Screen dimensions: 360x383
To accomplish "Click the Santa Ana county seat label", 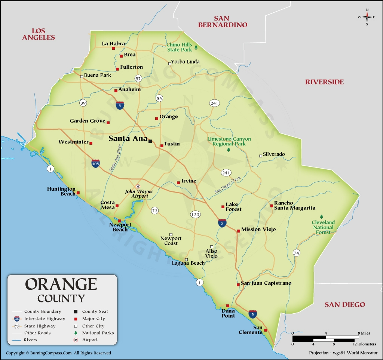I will (128, 138).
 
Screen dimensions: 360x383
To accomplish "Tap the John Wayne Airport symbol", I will (138, 186).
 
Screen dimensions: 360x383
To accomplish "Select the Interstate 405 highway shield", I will (96, 163).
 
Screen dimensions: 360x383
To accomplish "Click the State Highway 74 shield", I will (297, 253).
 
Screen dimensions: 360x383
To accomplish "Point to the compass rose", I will (367, 16).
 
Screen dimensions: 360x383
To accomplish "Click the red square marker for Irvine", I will (178, 183).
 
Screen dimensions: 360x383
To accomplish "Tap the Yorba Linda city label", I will (185, 62).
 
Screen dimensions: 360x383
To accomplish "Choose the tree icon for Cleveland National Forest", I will (322, 216).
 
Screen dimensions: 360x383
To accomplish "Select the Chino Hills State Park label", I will (179, 47).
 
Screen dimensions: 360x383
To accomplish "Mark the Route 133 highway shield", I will (195, 215).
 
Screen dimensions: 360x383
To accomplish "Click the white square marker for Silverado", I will (261, 156).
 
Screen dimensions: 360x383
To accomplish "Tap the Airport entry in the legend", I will (90, 340).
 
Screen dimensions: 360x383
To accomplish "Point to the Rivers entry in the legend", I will (30, 340).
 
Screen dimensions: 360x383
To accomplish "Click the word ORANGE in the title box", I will (61, 284).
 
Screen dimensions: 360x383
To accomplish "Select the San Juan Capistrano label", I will (266, 283).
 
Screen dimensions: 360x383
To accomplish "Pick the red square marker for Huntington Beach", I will (78, 193).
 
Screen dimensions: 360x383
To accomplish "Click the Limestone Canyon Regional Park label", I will (229, 141).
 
